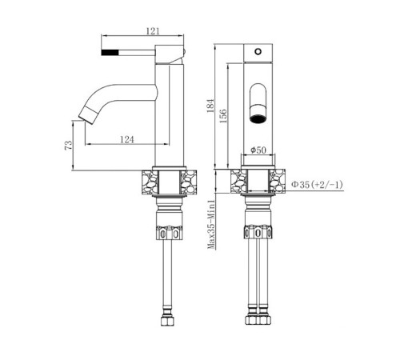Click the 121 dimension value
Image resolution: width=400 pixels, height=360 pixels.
point(153,31)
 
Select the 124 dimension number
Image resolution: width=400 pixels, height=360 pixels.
point(126,139)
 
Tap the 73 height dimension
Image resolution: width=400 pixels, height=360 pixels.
point(69,146)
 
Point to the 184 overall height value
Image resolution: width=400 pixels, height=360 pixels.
point(210,106)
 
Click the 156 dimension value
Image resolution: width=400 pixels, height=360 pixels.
point(223,116)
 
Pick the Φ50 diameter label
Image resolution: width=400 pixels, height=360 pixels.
point(258,150)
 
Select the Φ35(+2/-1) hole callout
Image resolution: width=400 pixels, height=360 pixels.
point(317,185)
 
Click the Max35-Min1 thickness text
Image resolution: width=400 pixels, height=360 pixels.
point(211,225)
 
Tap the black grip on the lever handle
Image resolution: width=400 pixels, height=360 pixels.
point(110,52)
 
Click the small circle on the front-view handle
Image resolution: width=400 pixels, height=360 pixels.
point(258,51)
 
